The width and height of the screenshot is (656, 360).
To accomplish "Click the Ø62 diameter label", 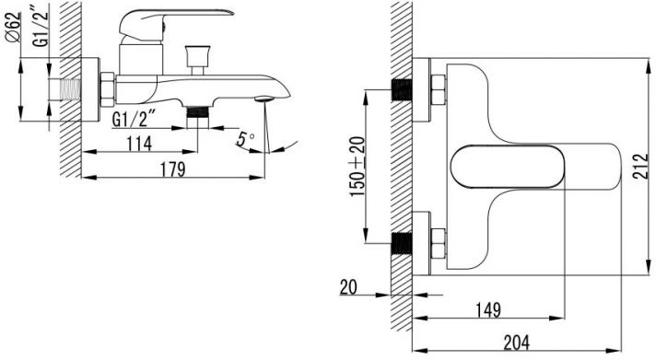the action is pos(13,28).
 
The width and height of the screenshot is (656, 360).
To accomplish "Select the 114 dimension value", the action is pos(139,144).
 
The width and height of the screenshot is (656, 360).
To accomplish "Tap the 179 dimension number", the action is pos(173,169).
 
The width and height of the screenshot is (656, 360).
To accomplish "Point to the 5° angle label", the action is pos(245,139).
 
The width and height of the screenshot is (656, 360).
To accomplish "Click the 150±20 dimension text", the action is pos(357,167).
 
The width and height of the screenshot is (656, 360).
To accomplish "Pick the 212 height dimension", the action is pos(639,167).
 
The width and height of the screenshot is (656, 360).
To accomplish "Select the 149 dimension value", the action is pos(488,310).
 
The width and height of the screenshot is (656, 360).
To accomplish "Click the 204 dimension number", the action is pos(517,343).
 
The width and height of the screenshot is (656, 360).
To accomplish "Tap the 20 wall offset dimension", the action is pos(348,287).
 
